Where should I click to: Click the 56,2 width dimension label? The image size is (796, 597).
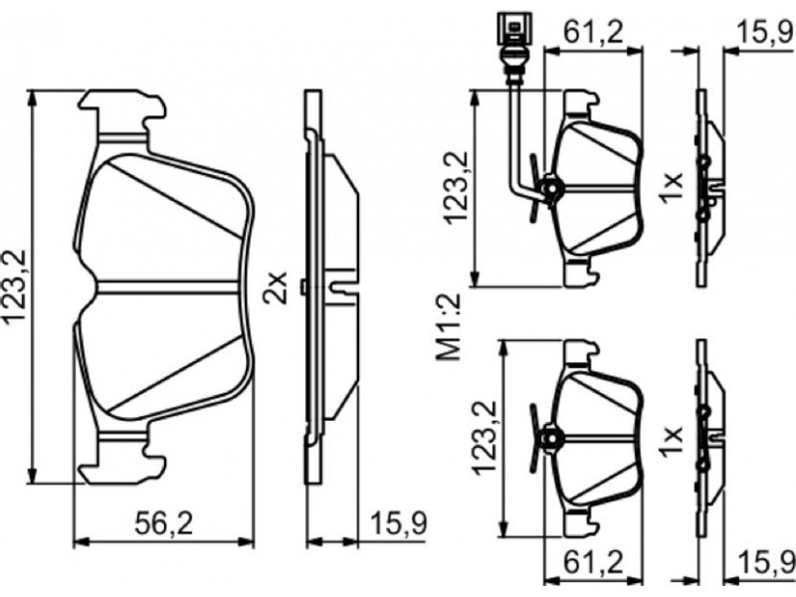[x=164, y=523]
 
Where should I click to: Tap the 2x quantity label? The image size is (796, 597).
[x=276, y=288]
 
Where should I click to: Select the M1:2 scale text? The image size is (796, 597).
[x=449, y=327]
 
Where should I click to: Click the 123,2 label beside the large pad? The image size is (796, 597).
[x=16, y=287]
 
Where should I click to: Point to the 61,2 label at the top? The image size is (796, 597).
[x=593, y=33]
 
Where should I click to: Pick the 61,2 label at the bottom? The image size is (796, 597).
[x=593, y=562]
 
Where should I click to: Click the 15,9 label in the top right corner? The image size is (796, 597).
[x=765, y=34]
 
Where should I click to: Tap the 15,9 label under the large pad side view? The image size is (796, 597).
[x=399, y=523]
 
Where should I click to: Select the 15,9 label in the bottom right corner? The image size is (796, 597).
[x=765, y=562]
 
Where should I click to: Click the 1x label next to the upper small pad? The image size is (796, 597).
[x=671, y=187]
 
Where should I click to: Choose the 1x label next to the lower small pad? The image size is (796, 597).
[x=671, y=442]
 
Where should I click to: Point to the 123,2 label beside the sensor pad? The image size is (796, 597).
[x=456, y=186]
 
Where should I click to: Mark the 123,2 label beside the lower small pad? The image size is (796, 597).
[x=484, y=438]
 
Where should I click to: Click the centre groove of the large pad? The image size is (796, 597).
[x=168, y=287]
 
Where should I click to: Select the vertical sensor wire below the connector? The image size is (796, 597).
[x=513, y=133]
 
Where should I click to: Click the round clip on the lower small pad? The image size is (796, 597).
[x=549, y=438]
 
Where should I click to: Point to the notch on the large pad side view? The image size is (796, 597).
[x=343, y=288]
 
